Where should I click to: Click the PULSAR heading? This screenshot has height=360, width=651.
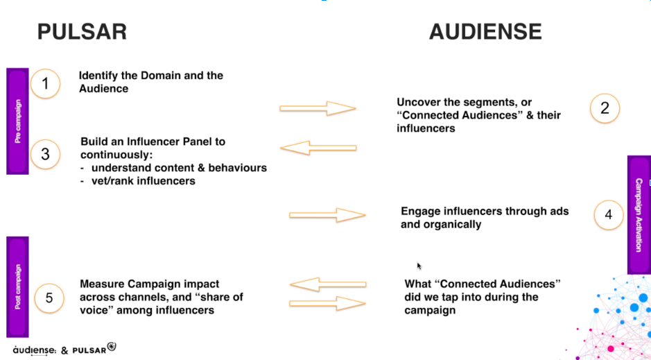point(83,32)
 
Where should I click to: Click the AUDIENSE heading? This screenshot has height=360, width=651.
point(485,32)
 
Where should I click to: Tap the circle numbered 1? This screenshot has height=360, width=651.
point(45,83)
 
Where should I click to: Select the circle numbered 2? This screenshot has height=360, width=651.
point(605,108)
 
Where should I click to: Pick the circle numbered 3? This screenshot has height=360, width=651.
point(45,154)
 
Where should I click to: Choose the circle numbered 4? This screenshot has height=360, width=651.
point(609,214)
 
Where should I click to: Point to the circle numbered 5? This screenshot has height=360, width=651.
point(49,298)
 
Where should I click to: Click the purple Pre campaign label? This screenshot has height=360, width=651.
point(17,121)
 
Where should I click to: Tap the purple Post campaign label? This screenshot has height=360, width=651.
point(17,286)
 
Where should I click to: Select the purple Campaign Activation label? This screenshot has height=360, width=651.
point(639,214)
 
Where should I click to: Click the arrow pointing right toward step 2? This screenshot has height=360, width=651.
point(318,108)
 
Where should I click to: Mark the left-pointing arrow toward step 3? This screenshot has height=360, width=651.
point(318,148)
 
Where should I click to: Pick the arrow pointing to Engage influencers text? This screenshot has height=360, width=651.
point(327,215)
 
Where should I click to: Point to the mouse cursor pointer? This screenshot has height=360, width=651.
point(419,266)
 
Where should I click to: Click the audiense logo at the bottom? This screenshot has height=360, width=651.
point(34,350)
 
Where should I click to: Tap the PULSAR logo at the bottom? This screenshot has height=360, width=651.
point(94,349)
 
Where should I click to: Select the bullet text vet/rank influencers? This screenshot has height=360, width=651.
point(144,181)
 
